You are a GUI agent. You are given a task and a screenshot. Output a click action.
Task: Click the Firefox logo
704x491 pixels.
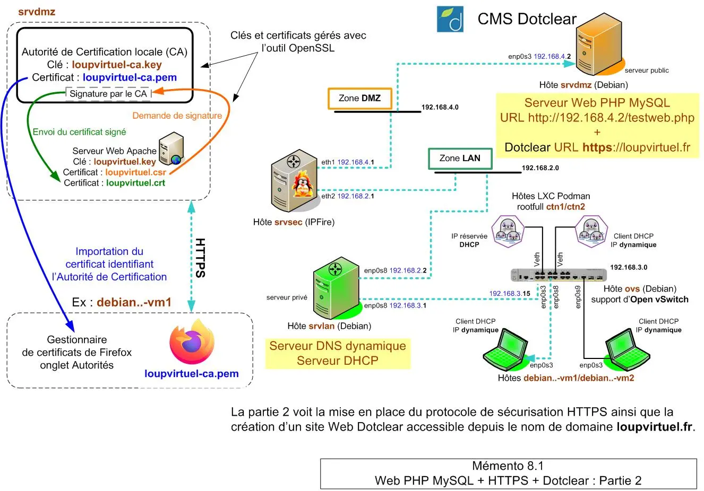click(192, 342)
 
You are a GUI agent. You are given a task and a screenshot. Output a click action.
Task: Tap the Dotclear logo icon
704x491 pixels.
click(450, 20)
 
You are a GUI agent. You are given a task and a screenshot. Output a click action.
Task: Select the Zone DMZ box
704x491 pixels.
click(360, 98)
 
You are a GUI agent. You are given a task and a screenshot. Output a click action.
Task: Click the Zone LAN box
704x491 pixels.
click(460, 158)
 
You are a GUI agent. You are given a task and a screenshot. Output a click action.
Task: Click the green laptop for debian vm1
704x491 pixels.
click(505, 349)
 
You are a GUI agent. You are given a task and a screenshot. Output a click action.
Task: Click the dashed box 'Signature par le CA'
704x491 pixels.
click(108, 94)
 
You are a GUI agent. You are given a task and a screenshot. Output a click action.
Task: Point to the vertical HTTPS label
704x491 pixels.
click(200, 258)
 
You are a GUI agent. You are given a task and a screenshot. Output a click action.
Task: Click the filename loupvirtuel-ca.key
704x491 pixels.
click(117, 65)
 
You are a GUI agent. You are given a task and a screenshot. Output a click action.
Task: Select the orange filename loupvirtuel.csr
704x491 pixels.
click(135, 172)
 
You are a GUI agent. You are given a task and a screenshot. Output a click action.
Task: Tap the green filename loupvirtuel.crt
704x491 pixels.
click(135, 183)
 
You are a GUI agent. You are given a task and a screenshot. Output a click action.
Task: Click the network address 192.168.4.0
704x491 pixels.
click(440, 107)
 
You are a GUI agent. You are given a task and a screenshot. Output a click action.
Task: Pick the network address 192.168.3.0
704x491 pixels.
click(629, 267)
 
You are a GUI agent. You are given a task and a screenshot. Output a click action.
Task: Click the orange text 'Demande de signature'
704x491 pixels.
click(177, 116)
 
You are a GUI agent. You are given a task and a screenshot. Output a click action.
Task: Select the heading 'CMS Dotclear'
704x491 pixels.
click(527, 19)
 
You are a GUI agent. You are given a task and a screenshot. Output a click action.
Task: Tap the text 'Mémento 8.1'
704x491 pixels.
click(508, 466)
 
